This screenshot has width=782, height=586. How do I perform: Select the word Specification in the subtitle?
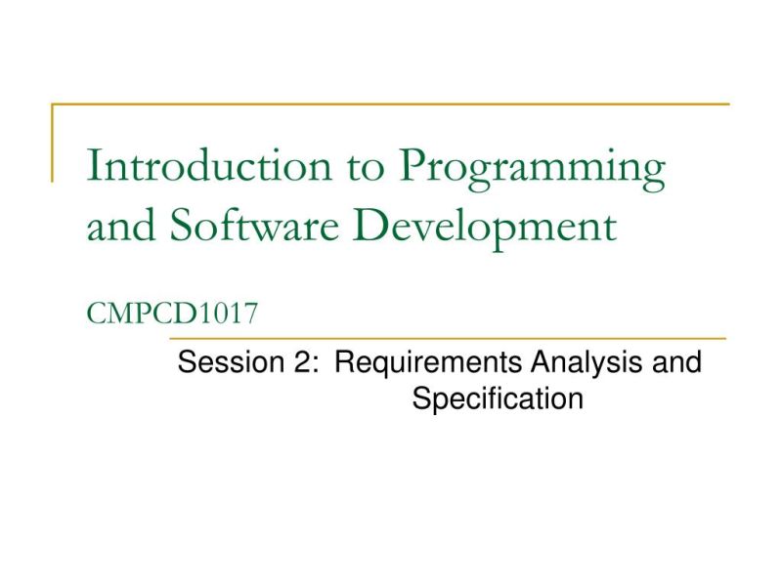(498, 399)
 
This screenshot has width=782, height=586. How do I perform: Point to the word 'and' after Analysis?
(676, 364)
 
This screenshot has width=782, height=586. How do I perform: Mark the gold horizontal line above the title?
(391, 104)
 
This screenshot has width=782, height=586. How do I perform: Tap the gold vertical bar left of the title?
(53, 143)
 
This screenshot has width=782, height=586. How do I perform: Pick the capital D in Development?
(394, 226)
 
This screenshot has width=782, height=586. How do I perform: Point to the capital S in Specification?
(420, 398)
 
